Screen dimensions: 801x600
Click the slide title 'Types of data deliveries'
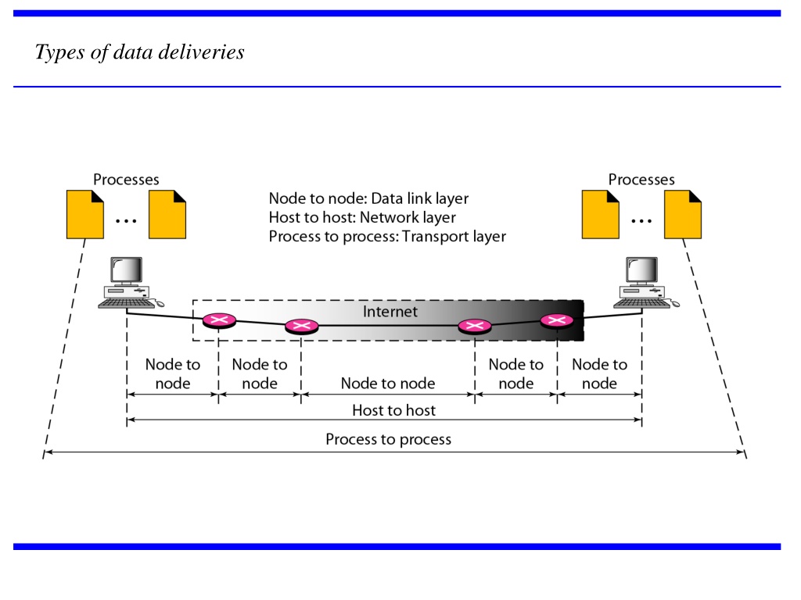point(139,52)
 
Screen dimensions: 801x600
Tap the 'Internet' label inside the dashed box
point(390,311)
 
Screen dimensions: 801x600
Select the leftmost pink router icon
point(219,321)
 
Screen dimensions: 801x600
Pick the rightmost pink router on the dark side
point(557,321)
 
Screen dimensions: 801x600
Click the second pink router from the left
point(301,326)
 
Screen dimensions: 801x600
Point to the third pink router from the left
point(475,326)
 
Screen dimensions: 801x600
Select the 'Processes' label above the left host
point(126,180)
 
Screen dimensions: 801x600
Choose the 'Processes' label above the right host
point(641,180)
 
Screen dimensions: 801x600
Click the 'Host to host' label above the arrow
point(394,410)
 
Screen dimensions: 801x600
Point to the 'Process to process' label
point(388,439)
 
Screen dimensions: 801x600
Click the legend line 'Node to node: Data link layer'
point(369,198)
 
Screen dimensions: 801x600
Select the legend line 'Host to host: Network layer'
point(362,217)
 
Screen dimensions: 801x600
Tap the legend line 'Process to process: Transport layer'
point(387,236)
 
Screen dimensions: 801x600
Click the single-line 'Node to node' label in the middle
point(388,383)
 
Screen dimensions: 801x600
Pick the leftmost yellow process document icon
point(85,214)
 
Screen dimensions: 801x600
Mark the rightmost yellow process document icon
point(683,214)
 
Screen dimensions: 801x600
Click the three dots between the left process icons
point(126,221)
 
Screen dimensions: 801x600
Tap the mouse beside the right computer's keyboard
point(675,304)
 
